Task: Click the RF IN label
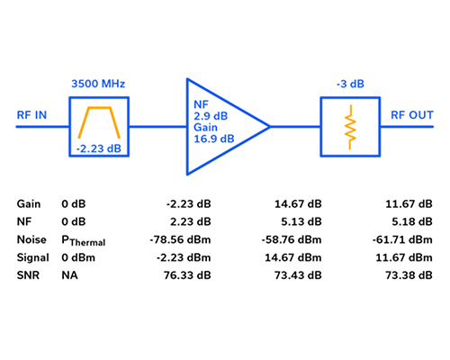click(31, 115)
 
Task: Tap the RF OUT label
click(412, 115)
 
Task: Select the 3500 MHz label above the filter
click(98, 84)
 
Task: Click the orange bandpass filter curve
click(99, 107)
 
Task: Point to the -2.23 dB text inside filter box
click(99, 148)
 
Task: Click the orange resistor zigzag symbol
click(350, 127)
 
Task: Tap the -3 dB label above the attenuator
click(350, 84)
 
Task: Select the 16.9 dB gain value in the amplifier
click(214, 139)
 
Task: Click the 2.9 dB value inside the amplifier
click(211, 116)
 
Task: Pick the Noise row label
click(31, 239)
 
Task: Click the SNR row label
click(28, 275)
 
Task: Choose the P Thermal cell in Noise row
click(84, 240)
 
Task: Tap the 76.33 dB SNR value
click(187, 275)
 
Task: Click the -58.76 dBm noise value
click(292, 239)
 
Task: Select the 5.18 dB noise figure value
click(412, 221)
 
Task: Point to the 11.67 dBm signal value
click(404, 257)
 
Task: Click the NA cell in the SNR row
click(69, 275)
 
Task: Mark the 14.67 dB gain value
click(298, 204)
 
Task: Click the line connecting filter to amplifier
click(157, 127)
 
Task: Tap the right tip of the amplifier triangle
click(270, 127)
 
